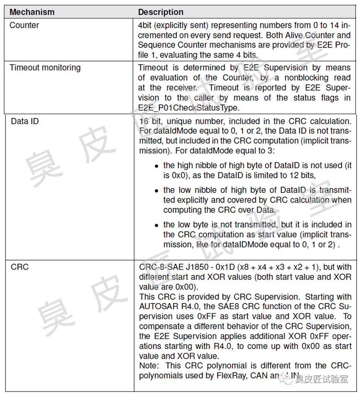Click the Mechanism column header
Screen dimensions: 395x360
(32, 12)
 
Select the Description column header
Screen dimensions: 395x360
(160, 12)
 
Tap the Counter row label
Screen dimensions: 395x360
(24, 26)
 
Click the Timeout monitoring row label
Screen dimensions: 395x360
(45, 68)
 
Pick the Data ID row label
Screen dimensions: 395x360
(25, 121)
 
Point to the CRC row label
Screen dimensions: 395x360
(19, 267)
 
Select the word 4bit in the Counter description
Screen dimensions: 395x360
(145, 26)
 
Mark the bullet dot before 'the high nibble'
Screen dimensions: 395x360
(157, 166)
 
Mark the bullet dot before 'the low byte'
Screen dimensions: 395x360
(157, 225)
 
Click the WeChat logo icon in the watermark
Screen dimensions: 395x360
(287, 379)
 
